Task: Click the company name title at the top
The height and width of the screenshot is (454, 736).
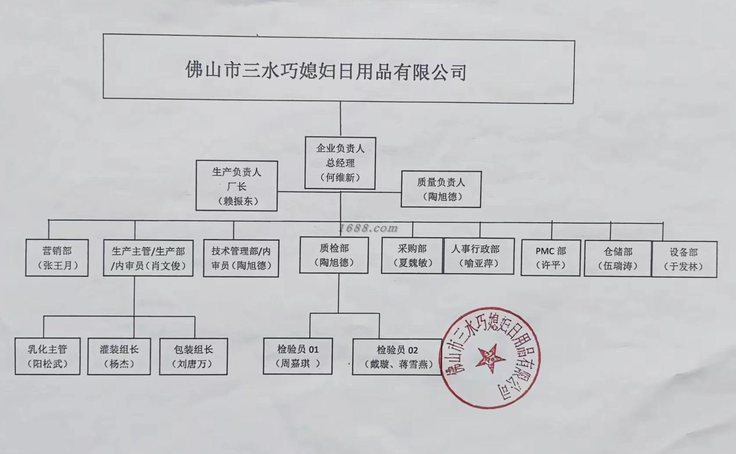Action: point(326,71)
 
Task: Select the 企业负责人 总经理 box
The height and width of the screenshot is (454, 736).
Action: point(340,163)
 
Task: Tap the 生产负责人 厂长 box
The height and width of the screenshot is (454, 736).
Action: point(237,186)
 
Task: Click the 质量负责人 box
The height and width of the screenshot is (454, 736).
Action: point(441,189)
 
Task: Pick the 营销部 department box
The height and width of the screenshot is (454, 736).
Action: point(57,258)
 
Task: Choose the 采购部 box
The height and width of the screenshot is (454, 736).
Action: point(412,256)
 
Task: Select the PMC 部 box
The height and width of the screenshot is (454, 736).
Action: point(551,258)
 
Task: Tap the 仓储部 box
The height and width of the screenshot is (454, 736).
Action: point(618,258)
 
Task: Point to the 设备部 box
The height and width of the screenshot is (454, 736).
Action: point(684,259)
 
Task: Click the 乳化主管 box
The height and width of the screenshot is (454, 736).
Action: point(47,356)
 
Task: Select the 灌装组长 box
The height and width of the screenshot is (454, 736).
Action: point(119,356)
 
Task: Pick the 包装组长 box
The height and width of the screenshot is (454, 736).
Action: point(193,356)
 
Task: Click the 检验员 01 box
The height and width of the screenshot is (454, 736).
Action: point(298,356)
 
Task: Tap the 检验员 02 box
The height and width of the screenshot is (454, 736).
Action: point(397,357)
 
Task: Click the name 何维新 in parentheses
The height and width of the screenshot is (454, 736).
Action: point(340,178)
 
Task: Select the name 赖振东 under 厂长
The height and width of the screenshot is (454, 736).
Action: point(237,201)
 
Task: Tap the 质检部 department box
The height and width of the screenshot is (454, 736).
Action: point(334,255)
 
